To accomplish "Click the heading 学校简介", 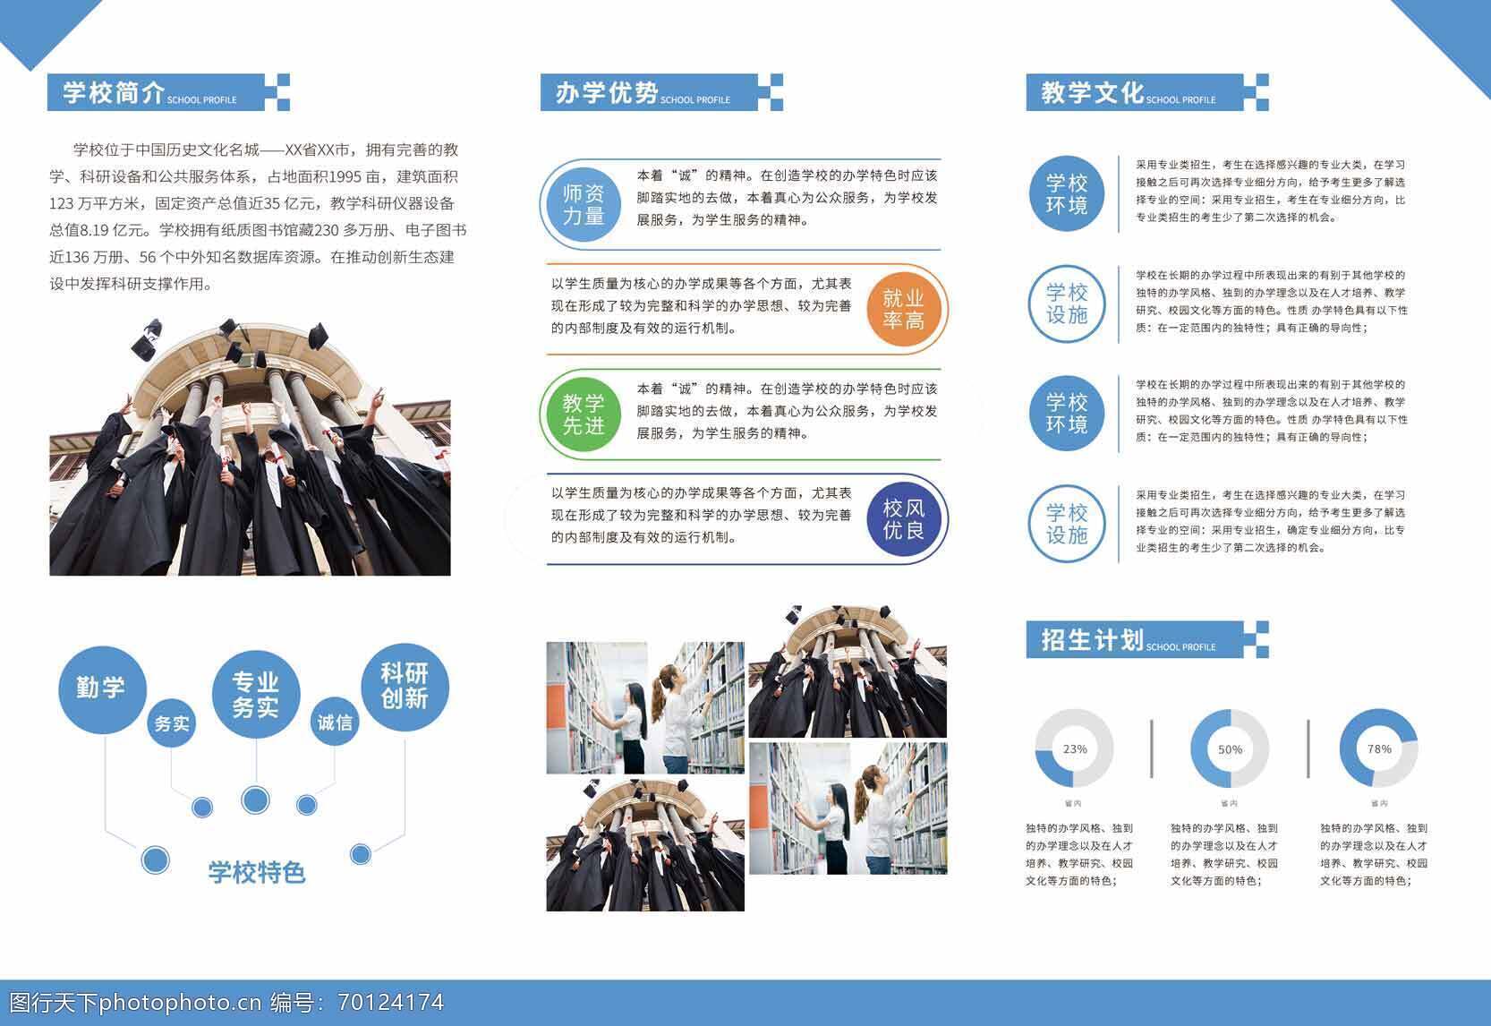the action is [x=114, y=92].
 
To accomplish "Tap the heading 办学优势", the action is [x=607, y=92].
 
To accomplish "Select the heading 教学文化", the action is [x=1093, y=92].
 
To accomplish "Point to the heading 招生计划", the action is [x=1093, y=640].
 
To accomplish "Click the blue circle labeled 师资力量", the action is [x=584, y=204].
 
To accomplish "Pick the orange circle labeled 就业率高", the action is [x=903, y=309].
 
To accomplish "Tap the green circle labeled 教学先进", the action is [x=584, y=415].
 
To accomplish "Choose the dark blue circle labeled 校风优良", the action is [x=903, y=518].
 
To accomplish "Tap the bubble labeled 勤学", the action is [x=103, y=689].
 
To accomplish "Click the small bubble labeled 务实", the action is [x=171, y=723].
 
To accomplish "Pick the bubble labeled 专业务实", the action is [x=256, y=694].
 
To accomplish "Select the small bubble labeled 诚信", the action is [x=334, y=722].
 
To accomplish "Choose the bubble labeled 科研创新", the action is [x=405, y=687].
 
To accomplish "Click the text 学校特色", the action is [x=257, y=872].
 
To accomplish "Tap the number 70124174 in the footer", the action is [x=391, y=1002].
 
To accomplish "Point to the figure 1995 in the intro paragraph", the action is [x=345, y=176].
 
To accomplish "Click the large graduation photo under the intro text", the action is [x=251, y=448].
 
